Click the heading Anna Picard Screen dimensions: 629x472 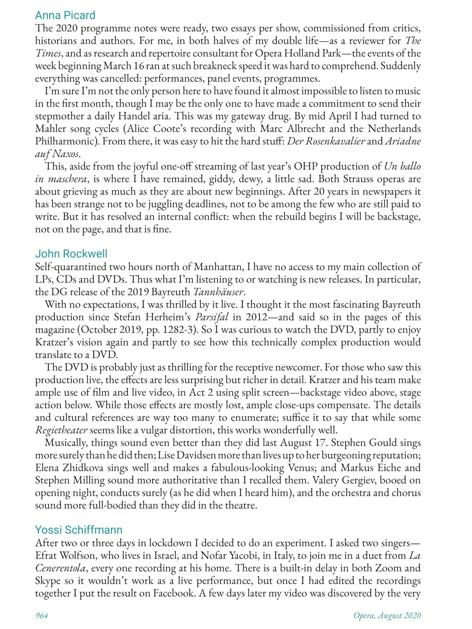[65, 15]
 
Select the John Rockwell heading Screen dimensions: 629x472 [71, 253]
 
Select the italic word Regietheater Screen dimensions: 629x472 [61, 430]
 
